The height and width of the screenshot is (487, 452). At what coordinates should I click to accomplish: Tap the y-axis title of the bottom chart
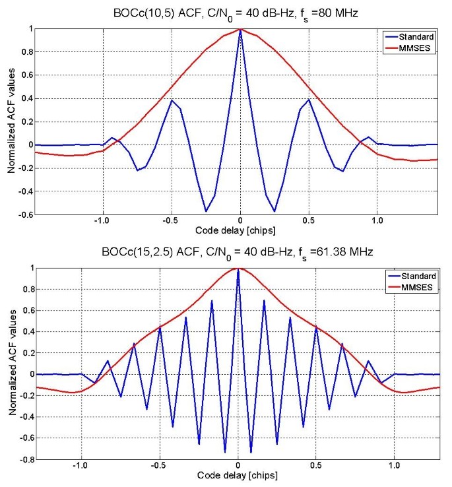[11, 362]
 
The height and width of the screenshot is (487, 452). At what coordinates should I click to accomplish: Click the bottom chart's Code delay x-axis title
[237, 475]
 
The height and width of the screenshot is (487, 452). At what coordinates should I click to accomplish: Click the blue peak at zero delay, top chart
[240, 30]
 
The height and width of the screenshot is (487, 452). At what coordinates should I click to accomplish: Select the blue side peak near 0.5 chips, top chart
[309, 100]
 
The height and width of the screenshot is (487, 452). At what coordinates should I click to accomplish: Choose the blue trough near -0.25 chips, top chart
[206, 211]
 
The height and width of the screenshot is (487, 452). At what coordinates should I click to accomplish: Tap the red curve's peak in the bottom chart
[238, 268]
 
